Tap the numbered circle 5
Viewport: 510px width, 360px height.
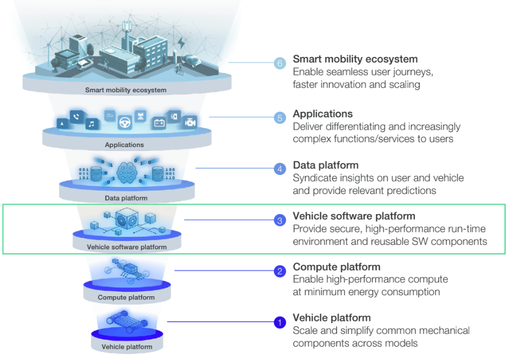(x=280, y=118)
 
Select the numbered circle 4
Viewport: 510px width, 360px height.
(x=280, y=169)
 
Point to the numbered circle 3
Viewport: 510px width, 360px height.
(x=280, y=221)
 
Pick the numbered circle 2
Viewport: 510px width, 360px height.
(x=280, y=272)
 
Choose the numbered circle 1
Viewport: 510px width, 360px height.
(x=280, y=323)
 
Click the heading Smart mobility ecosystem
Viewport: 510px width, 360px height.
(x=355, y=59)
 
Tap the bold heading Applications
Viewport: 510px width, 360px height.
(x=323, y=114)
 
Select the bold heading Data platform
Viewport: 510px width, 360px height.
(x=325, y=165)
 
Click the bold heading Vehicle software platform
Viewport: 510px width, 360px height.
(x=354, y=216)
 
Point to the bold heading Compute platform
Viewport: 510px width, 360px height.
(x=337, y=267)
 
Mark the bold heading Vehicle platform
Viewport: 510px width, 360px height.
(x=332, y=318)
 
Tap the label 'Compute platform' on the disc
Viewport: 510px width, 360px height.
(x=126, y=297)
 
